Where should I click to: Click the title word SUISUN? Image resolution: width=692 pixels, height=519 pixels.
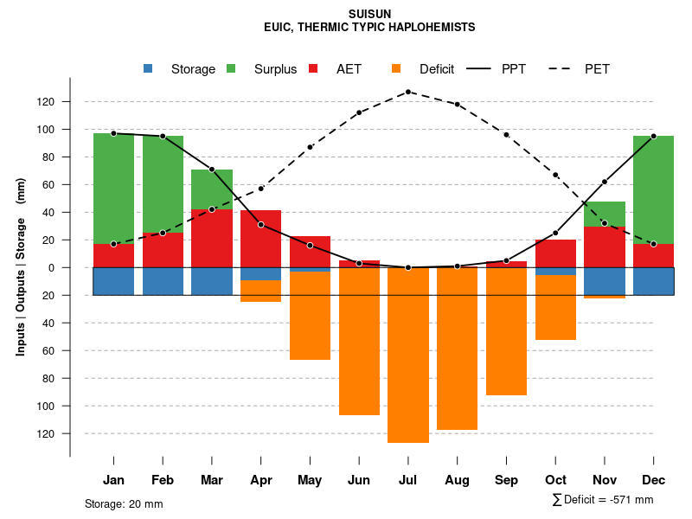click(x=369, y=15)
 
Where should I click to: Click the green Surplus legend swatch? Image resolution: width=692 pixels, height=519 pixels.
click(x=231, y=68)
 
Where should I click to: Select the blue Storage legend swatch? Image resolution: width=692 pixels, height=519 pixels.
click(x=148, y=68)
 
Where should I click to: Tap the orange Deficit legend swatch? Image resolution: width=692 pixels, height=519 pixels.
click(x=396, y=68)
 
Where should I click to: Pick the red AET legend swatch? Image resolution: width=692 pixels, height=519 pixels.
click(x=313, y=68)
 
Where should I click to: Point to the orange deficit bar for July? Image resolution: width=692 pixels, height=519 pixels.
click(x=408, y=355)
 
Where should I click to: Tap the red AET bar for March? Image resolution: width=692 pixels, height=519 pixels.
click(x=212, y=238)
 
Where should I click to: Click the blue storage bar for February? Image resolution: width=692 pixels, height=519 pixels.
click(x=163, y=281)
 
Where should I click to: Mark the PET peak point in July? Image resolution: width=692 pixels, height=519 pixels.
click(x=408, y=92)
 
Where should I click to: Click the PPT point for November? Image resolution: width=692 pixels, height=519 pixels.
click(x=605, y=182)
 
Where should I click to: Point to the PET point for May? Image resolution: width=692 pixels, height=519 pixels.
click(x=310, y=147)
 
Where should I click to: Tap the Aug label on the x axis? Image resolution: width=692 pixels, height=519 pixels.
click(x=458, y=480)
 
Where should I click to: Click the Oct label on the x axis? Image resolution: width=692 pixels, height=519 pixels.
click(x=555, y=480)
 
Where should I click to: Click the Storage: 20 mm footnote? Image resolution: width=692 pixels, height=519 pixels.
click(x=124, y=503)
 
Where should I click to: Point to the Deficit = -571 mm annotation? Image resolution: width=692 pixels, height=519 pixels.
click(x=603, y=500)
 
